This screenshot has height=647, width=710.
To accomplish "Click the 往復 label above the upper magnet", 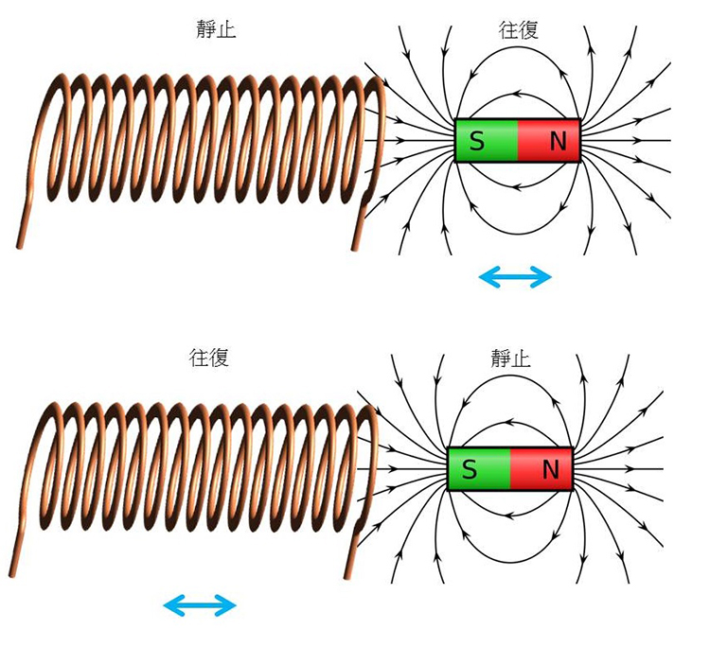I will pos(518,29).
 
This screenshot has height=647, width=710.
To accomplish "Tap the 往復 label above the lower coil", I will pos(209,358).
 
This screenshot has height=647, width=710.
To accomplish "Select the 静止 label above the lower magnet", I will pos(510,358).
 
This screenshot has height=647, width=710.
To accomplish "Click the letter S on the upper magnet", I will pos(476,141).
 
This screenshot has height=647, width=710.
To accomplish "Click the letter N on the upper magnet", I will pos(558,141).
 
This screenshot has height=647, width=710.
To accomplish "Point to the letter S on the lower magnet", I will pos(469,469).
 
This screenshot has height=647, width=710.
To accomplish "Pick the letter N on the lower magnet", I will pos(550,469).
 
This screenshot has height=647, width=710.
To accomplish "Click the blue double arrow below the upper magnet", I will pos(515,276).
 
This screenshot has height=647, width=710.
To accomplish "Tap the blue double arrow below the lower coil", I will pos(199,604).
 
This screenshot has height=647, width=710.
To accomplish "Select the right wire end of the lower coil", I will pos(349,571).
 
